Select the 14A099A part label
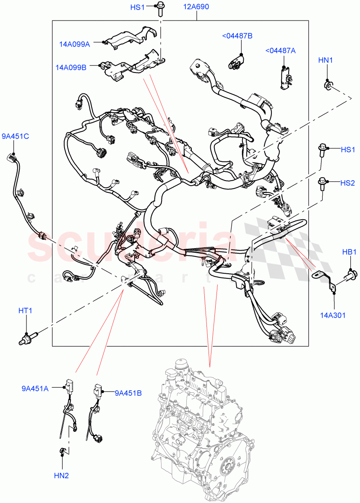pos(74,44)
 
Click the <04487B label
pos(237,36)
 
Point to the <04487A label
pos(280,51)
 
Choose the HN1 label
pos(326,60)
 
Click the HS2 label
pos(347,183)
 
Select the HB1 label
pos(349,252)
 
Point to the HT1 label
pos(25,311)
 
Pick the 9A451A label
pos(35,389)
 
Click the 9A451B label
pos(128,393)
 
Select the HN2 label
pos(61,476)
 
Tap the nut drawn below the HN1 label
pos(329,86)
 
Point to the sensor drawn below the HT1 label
pos(29,337)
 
